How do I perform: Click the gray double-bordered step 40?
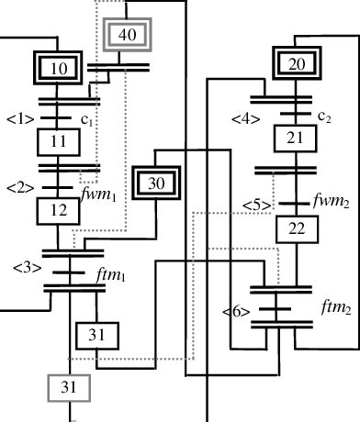pyautogui.click(x=128, y=35)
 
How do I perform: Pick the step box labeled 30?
pyautogui.click(x=156, y=183)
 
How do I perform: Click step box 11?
pyautogui.click(x=60, y=142)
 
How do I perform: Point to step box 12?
pyautogui.click(x=60, y=210)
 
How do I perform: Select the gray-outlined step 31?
pyautogui.click(x=69, y=387)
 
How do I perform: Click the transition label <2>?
pyautogui.click(x=19, y=188)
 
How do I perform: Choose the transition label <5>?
pyautogui.click(x=256, y=204)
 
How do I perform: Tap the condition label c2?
pyautogui.click(x=323, y=117)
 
